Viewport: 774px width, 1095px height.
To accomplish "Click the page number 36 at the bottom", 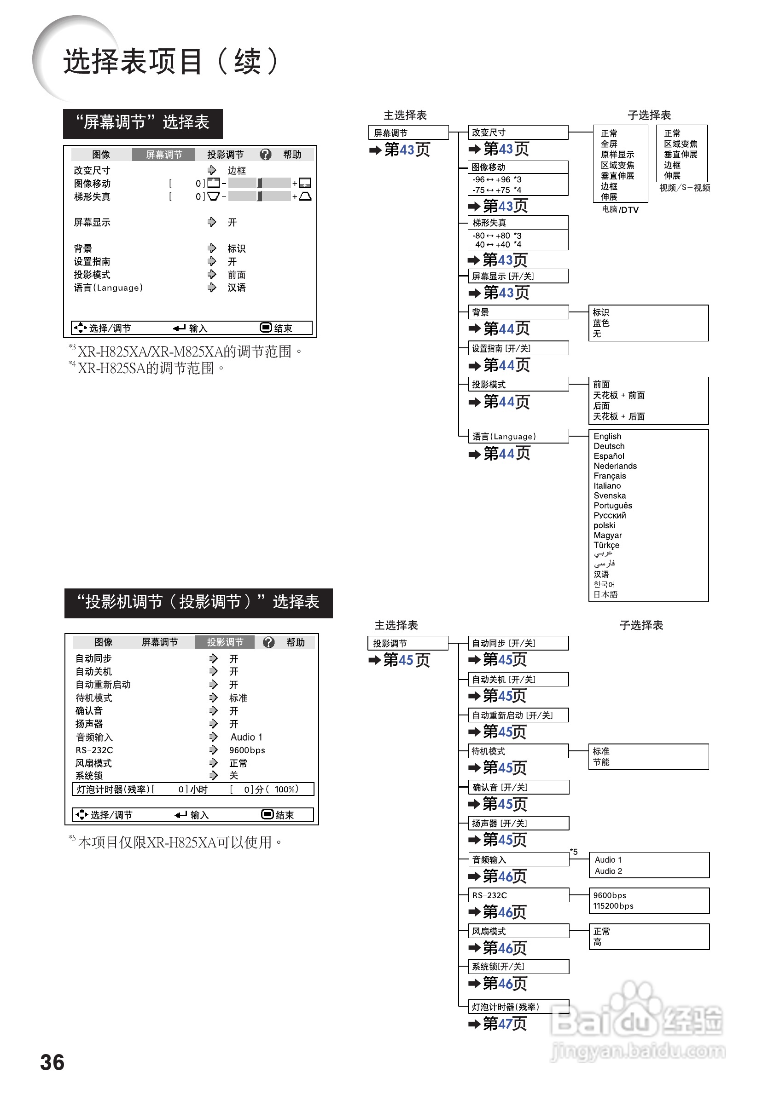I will (52, 1062).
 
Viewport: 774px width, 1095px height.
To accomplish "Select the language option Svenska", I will (609, 496).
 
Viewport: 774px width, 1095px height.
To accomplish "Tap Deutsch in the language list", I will (609, 446).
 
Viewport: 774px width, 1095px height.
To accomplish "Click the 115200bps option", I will (613, 905).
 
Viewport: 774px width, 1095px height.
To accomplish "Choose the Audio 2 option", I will (608, 871).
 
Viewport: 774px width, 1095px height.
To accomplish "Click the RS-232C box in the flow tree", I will (519, 895).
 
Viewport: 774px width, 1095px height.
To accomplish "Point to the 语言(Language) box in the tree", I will (519, 436).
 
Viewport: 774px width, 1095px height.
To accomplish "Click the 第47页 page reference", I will (504, 1024).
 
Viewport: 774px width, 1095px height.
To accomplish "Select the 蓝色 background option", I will (601, 323).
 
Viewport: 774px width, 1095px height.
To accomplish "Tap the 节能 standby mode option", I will (601, 761).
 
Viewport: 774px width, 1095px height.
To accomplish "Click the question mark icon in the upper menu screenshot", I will (265, 155).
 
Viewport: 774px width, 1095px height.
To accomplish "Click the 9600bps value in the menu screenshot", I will (247, 750).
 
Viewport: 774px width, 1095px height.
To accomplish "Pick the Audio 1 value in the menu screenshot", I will (246, 737).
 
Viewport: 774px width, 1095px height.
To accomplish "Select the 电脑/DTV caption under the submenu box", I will (620, 210).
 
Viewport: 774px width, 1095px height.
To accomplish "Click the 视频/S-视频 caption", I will (685, 188).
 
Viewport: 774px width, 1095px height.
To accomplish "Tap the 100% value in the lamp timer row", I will (286, 790).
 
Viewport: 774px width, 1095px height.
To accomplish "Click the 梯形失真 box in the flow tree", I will (519, 223).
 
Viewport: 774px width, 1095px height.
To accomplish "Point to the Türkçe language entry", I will (606, 545).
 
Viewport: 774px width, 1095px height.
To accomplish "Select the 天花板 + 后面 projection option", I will (619, 416).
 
